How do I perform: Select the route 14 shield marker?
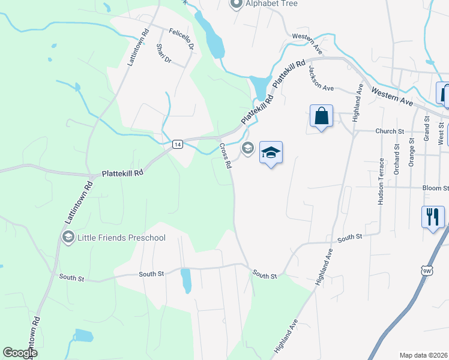177,144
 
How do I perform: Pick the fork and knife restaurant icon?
433,217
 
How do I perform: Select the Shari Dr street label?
163,53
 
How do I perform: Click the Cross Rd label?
225,155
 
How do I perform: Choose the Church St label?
390,131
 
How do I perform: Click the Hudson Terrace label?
381,182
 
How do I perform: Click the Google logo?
19,353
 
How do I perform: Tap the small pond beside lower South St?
187,280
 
